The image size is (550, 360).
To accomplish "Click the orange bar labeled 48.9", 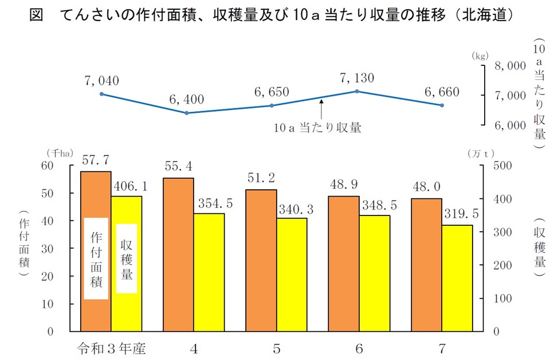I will click(343, 264).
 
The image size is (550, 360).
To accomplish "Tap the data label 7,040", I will click(101, 81).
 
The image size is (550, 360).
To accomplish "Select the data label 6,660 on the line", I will click(442, 92).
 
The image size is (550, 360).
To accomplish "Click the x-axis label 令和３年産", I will click(111, 348).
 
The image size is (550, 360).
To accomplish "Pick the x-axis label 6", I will click(359, 348).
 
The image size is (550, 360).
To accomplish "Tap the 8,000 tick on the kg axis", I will click(509, 66).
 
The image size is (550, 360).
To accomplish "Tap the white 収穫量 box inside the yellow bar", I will click(127, 259).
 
